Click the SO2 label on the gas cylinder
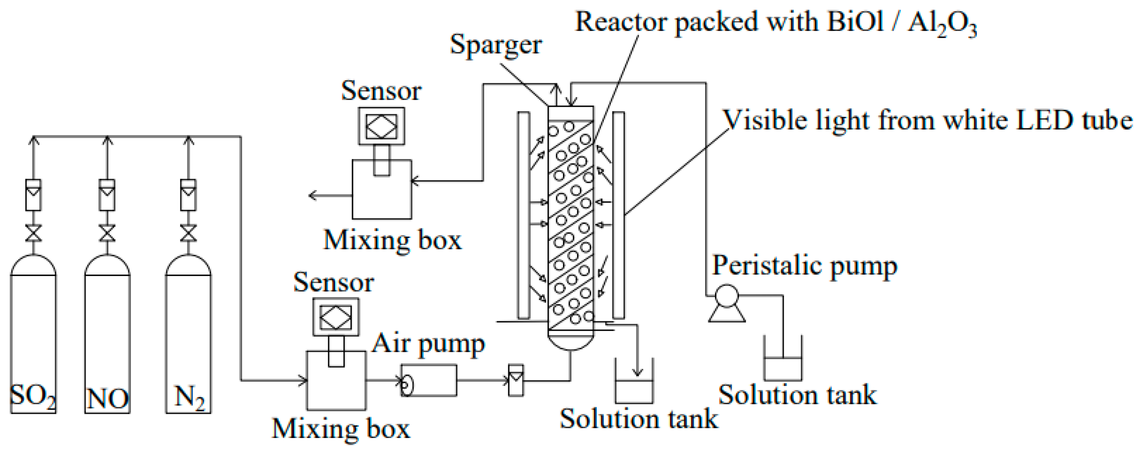(x=32, y=396)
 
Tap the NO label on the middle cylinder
(x=107, y=398)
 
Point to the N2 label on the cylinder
(x=189, y=397)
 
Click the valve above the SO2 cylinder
(x=34, y=233)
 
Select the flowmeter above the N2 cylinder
(x=188, y=195)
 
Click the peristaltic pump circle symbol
(x=726, y=296)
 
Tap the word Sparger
(x=496, y=45)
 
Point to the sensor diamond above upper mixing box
(x=381, y=126)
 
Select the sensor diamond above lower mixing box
(x=336, y=317)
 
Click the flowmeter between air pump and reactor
(x=516, y=380)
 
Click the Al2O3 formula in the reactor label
(x=942, y=23)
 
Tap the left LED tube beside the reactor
(x=523, y=215)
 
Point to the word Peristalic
(x=767, y=266)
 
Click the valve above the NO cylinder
(x=107, y=233)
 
